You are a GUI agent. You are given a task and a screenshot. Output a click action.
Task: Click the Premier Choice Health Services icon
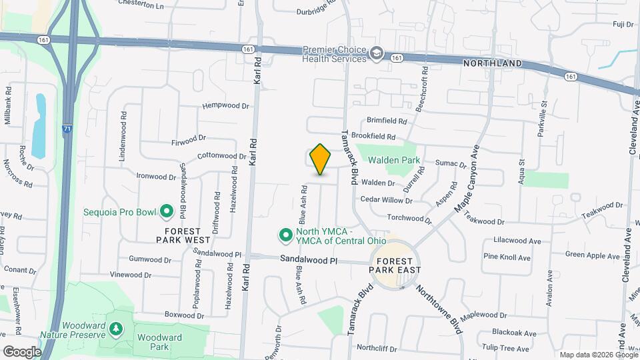377,53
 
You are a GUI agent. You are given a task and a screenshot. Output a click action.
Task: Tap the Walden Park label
395,160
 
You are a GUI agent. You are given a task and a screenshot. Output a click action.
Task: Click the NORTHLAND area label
493,63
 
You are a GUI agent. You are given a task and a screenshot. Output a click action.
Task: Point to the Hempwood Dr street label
225,105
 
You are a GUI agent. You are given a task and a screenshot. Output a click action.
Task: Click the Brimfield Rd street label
387,121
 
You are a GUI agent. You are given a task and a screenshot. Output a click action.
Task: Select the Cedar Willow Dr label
386,199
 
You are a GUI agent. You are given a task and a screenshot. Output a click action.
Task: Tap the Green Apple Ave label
593,255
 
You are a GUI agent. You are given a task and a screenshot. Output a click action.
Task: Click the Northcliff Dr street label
377,348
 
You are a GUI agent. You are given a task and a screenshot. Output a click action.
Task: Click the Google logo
21,351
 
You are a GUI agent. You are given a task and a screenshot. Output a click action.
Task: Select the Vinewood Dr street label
131,275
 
